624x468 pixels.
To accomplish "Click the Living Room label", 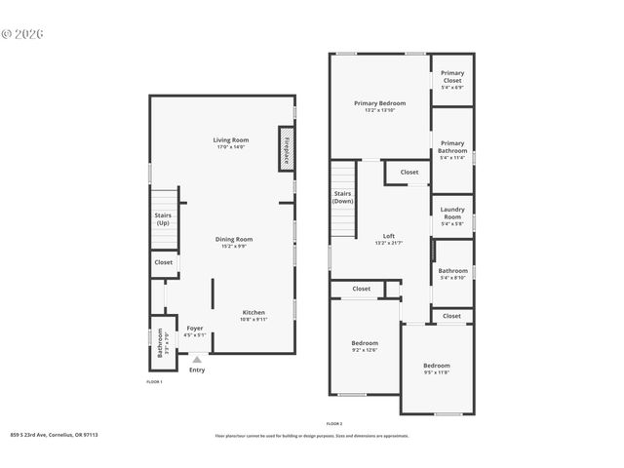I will (x=230, y=140).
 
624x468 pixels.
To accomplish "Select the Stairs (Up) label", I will (x=163, y=218).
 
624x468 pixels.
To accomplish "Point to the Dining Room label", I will (x=234, y=239).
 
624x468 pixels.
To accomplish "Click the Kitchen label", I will (x=253, y=313).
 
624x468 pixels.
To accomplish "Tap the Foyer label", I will (x=195, y=329).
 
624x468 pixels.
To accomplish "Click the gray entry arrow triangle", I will (x=197, y=359).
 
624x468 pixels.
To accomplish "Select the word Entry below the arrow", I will (x=197, y=370).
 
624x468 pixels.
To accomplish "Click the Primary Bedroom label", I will (x=379, y=103).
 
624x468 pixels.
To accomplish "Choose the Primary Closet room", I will (x=452, y=79).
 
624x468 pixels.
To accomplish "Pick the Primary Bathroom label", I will (x=452, y=147).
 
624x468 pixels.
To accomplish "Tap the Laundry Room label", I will (x=452, y=213).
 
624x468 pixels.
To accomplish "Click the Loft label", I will (x=389, y=236).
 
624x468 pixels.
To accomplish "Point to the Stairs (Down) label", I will (x=342, y=197).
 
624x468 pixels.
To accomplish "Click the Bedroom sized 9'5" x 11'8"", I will (x=437, y=367).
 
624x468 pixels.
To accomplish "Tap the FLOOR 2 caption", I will (x=334, y=424).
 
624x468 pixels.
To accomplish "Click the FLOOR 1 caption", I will (x=154, y=381).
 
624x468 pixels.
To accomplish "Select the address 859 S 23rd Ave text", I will (x=54, y=435).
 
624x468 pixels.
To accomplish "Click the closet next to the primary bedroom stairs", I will (x=409, y=173).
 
